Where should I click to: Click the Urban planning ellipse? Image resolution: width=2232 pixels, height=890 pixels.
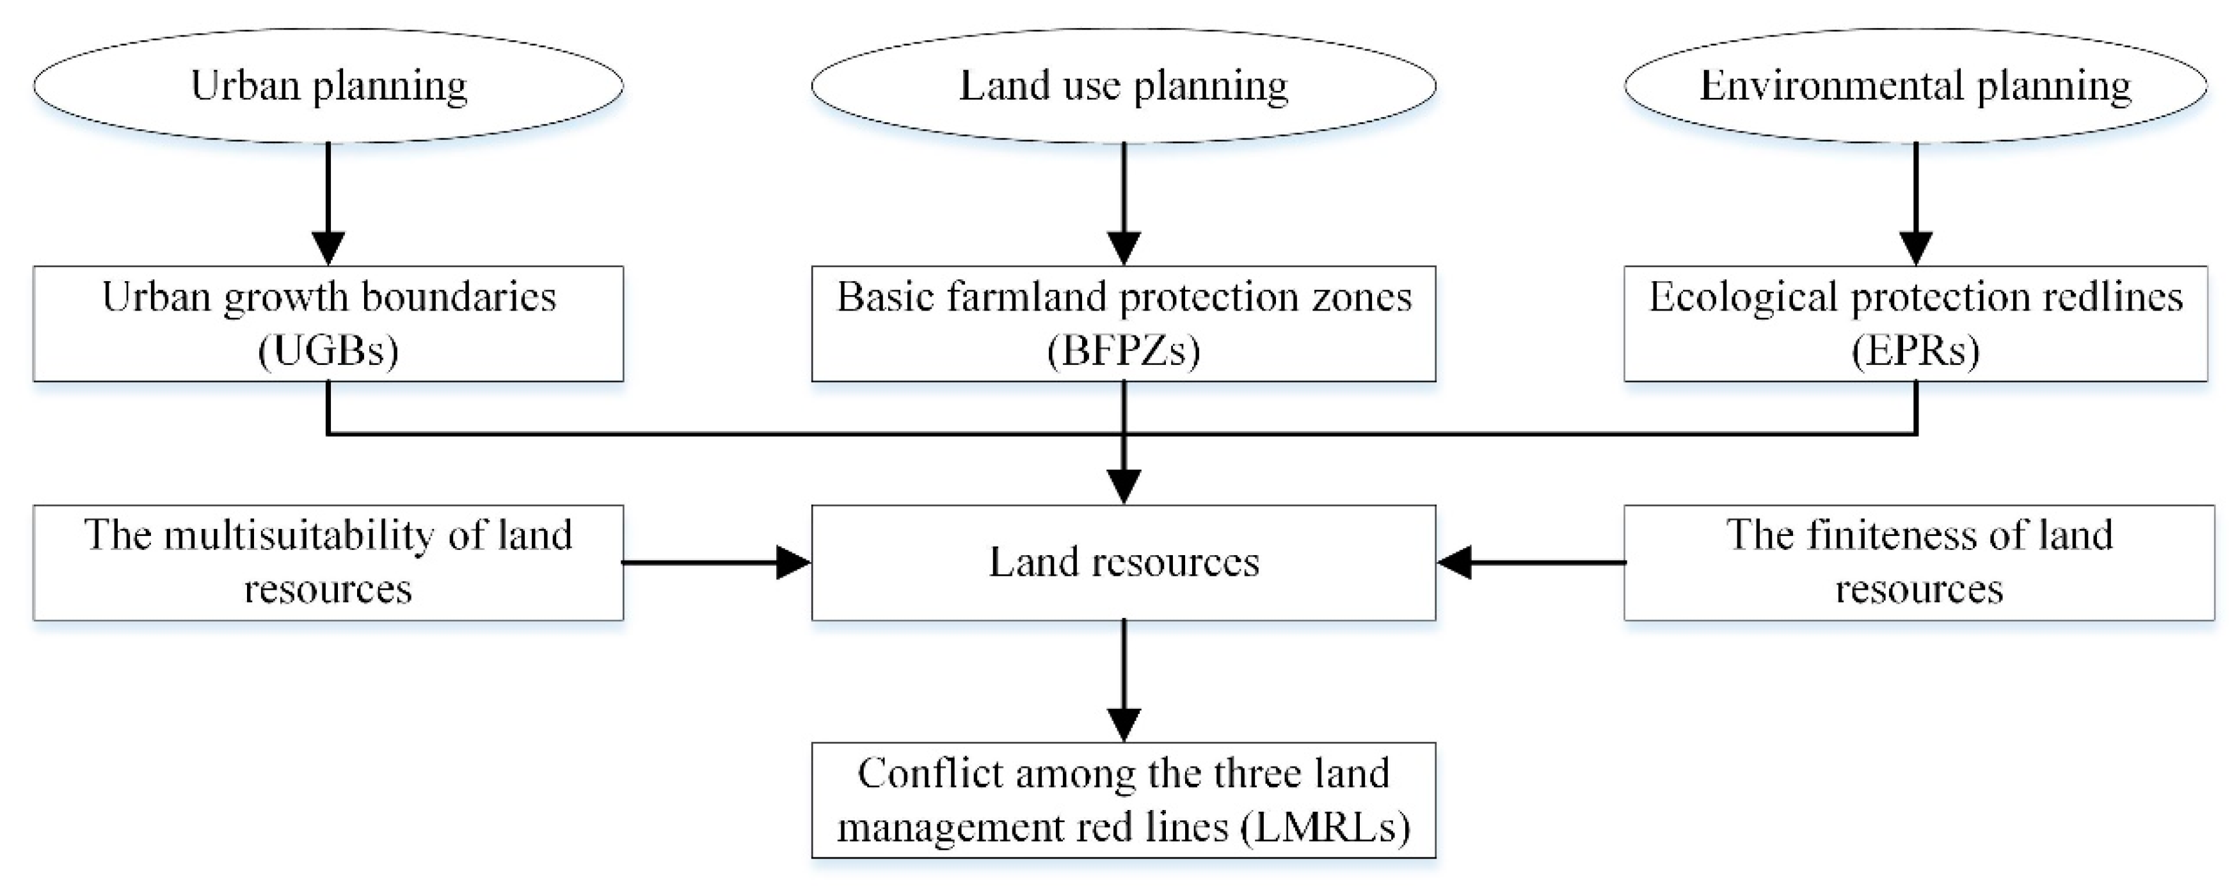point(328,86)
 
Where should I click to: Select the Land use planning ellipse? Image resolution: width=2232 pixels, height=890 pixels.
point(1123,86)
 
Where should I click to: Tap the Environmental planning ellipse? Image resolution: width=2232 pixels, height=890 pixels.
point(1915,86)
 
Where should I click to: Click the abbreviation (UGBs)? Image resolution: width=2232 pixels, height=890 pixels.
point(328,351)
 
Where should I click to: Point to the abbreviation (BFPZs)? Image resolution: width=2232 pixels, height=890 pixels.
point(1123,351)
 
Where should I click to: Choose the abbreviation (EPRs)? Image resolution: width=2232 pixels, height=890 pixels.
point(1915,351)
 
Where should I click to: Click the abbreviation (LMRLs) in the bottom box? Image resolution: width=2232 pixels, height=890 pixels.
point(1324,827)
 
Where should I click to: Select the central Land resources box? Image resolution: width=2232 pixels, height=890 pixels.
point(1123,562)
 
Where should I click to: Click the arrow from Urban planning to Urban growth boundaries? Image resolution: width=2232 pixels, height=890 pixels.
point(328,204)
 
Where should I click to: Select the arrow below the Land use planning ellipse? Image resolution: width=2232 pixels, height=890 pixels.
point(1124,204)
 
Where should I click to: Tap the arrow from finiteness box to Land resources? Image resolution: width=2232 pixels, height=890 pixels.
point(1531,562)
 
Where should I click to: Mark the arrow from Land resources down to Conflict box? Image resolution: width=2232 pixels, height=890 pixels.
point(1124,680)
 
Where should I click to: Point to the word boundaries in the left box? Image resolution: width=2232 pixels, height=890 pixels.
point(458,297)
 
